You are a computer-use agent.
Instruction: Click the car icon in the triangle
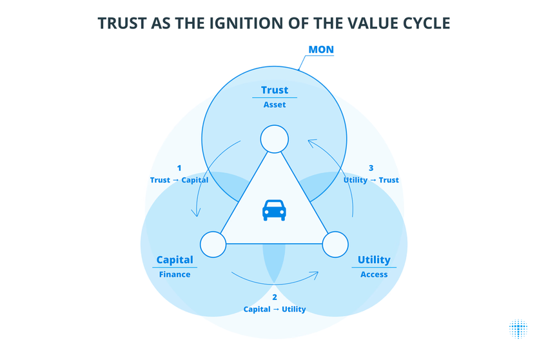pyautogui.click(x=274, y=210)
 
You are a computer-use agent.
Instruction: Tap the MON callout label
pyautogui.click(x=321, y=49)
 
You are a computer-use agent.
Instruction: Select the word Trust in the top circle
pyautogui.click(x=274, y=90)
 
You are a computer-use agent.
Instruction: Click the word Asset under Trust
pyautogui.click(x=274, y=104)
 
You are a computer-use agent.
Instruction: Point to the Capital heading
pyautogui.click(x=175, y=260)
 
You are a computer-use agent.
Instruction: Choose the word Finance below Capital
pyautogui.click(x=175, y=274)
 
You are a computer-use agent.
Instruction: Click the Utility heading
pyautogui.click(x=374, y=260)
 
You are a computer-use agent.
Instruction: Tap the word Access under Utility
pyautogui.click(x=374, y=274)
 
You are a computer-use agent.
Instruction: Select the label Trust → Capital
pyautogui.click(x=179, y=180)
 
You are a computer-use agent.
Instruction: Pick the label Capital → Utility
pyautogui.click(x=275, y=309)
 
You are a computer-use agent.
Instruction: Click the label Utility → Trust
pyautogui.click(x=371, y=180)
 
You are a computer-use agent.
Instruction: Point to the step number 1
pyautogui.click(x=179, y=168)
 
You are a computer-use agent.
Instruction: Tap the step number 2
pyautogui.click(x=275, y=297)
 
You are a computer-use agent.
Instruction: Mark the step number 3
pyautogui.click(x=371, y=168)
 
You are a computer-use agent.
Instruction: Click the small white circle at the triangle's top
pyautogui.click(x=274, y=139)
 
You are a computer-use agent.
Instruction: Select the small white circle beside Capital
pyautogui.click(x=213, y=245)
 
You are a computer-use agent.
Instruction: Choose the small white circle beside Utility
pyautogui.click(x=335, y=245)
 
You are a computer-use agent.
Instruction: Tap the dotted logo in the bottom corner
pyautogui.click(x=518, y=328)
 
